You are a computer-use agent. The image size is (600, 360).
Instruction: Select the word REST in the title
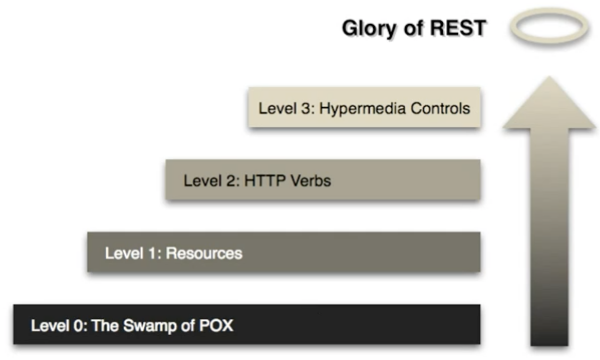(460, 28)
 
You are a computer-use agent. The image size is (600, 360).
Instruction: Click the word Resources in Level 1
(204, 253)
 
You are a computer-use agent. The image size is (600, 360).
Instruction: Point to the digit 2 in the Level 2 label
(229, 181)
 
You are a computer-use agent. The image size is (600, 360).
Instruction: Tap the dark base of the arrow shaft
(549, 330)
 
